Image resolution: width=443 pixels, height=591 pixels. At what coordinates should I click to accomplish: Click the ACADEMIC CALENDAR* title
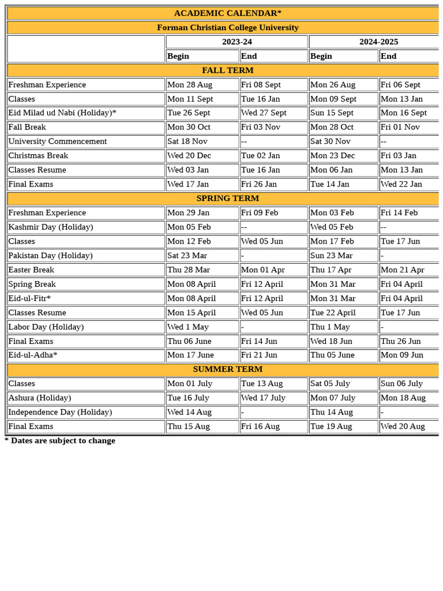click(x=227, y=13)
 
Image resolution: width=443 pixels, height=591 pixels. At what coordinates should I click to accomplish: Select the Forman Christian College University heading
click(x=227, y=28)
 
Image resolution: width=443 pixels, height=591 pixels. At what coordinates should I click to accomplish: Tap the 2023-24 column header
click(x=236, y=42)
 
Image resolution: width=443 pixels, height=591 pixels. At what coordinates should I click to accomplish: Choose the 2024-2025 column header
click(x=378, y=42)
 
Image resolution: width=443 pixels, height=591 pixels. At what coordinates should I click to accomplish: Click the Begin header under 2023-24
click(x=178, y=56)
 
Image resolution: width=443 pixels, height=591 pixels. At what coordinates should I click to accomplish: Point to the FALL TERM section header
click(x=227, y=70)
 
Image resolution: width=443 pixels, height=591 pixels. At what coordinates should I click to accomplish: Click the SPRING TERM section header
click(x=227, y=199)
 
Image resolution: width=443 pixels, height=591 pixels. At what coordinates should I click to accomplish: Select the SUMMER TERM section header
click(x=227, y=369)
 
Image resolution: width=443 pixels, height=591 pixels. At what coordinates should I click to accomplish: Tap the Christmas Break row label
click(x=38, y=156)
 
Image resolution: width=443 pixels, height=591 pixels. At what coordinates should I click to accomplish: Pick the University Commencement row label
click(x=58, y=141)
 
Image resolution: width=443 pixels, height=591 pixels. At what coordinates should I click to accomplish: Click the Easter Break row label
click(x=31, y=270)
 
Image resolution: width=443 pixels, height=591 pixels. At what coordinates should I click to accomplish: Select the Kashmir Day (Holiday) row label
click(x=51, y=227)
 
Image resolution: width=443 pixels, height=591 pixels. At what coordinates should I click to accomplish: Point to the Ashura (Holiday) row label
click(x=40, y=398)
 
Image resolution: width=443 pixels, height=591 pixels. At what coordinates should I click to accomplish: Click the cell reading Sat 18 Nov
click(x=187, y=141)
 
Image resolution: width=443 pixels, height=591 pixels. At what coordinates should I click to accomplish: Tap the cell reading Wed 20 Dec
click(x=188, y=156)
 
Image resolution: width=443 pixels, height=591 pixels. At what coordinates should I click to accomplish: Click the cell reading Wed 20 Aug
click(x=403, y=427)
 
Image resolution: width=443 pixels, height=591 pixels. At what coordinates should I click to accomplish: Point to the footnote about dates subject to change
click(x=60, y=441)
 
